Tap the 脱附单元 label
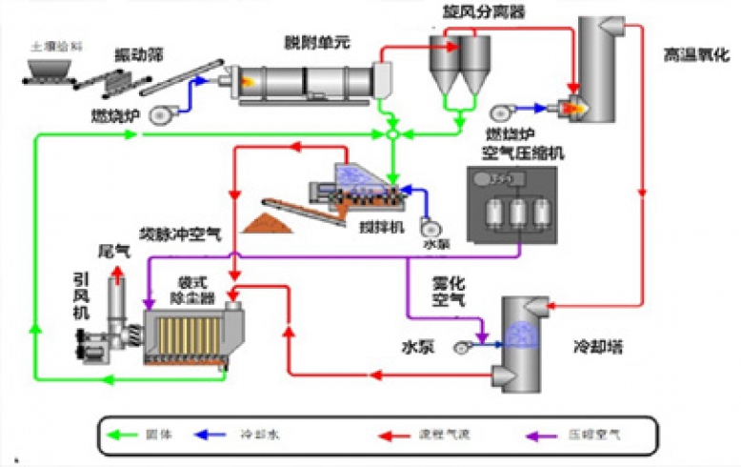310,42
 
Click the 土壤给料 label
50,44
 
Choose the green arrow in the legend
135,435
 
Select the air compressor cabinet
512,204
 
